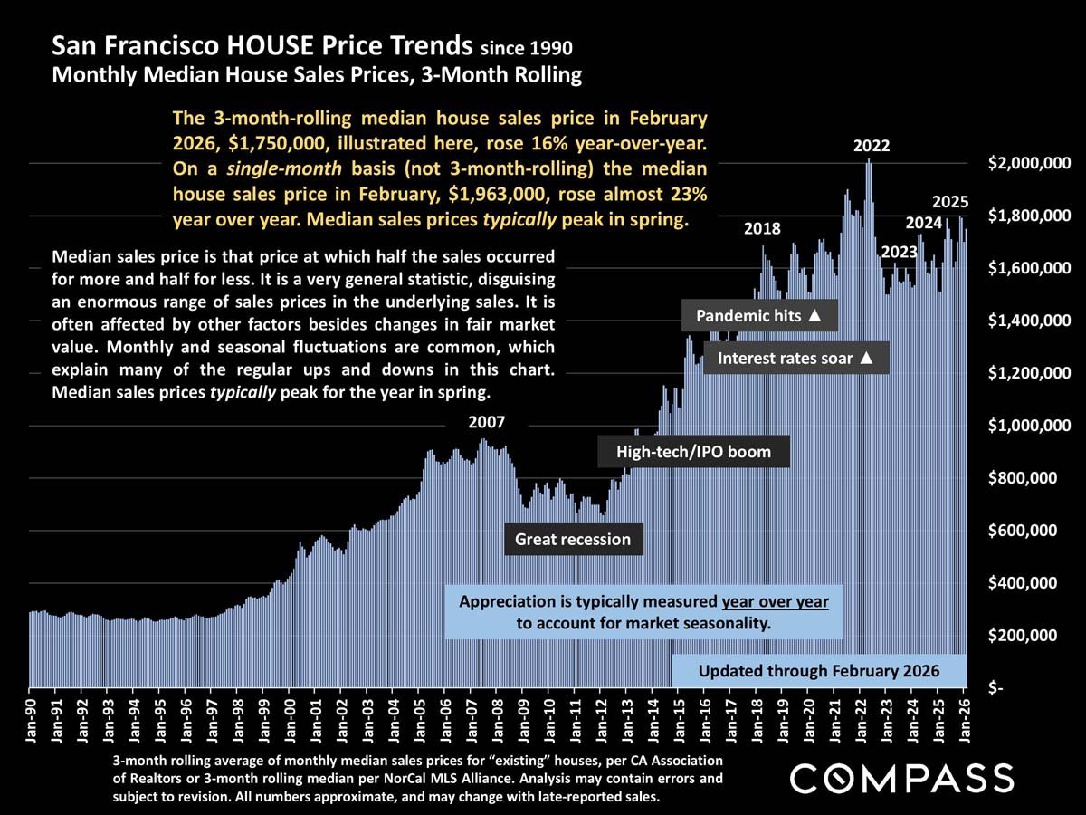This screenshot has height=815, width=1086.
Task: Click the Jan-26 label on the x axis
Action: pyautogui.click(x=965, y=719)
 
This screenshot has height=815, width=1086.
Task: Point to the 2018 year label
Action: pyautogui.click(x=762, y=228)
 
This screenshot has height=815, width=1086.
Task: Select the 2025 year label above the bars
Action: pyautogui.click(x=951, y=201)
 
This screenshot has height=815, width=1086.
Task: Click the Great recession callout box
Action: pyautogui.click(x=573, y=540)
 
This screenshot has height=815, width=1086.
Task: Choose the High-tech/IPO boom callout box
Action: pyautogui.click(x=693, y=451)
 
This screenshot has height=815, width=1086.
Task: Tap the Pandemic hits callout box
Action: pyautogui.click(x=759, y=317)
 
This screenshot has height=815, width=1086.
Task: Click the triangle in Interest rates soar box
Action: pyautogui.click(x=866, y=359)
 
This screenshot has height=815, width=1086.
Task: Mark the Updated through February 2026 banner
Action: pyautogui.click(x=819, y=671)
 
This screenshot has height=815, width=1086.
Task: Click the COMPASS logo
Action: pyautogui.click(x=901, y=778)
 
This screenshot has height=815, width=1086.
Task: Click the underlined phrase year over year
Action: pyautogui.click(x=776, y=601)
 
